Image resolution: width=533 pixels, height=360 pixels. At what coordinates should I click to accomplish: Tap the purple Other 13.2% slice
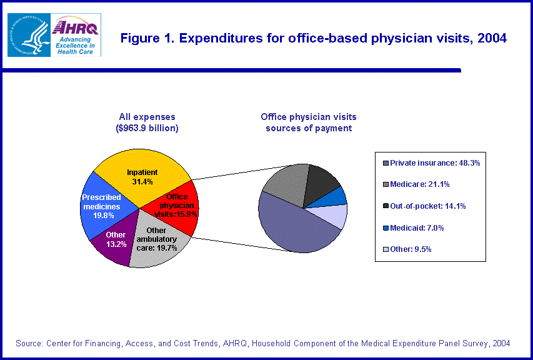tap(112, 244)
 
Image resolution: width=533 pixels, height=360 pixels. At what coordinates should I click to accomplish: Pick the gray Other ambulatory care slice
tap(159, 247)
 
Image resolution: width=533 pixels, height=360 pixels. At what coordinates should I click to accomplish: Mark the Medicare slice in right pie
tap(284, 181)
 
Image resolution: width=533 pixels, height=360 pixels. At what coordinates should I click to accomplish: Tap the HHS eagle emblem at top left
tap(28, 35)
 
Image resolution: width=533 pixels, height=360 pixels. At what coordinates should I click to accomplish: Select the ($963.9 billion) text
tap(147, 128)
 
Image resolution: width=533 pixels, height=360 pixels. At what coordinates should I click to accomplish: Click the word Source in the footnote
tap(29, 343)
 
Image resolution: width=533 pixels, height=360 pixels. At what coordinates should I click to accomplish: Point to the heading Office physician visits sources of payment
tap(308, 122)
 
